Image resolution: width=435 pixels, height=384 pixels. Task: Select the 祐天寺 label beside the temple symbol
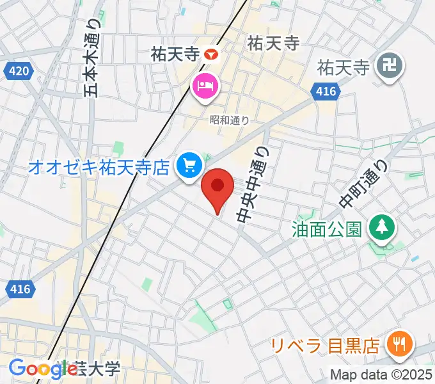344,67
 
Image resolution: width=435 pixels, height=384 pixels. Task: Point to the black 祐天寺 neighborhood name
273,44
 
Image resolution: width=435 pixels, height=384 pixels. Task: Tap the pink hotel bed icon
205,84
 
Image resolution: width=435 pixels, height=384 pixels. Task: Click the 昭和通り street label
229,119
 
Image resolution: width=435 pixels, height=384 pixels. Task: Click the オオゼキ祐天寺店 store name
99,168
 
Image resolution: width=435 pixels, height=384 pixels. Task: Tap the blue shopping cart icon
189,166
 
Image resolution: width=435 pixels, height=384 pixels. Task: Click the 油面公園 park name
327,228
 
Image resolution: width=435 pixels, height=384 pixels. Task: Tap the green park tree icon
382,226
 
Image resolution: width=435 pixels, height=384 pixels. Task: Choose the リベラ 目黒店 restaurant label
325,346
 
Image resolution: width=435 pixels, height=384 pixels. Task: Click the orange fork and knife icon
399,345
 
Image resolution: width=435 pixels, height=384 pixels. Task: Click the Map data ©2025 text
381,376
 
